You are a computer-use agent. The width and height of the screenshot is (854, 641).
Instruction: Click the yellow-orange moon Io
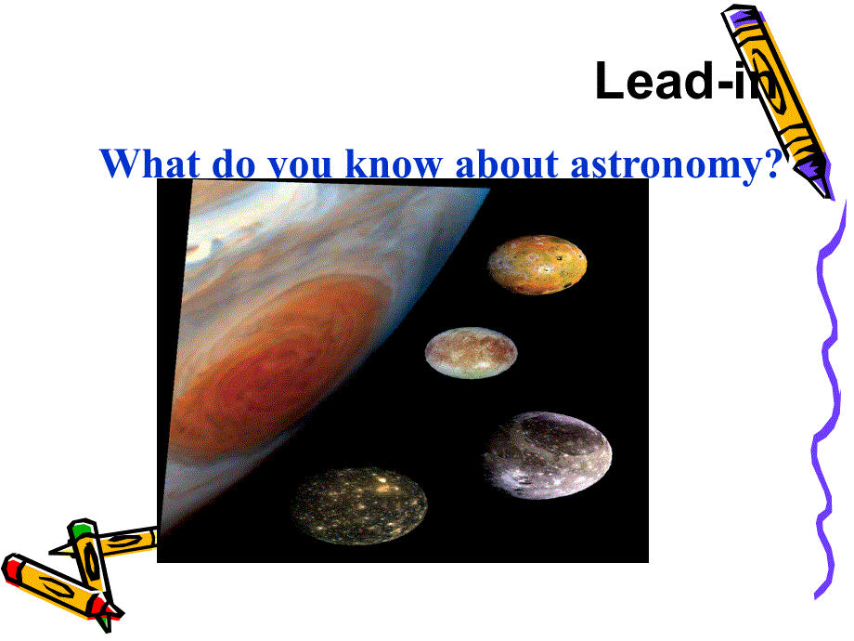coord(537,265)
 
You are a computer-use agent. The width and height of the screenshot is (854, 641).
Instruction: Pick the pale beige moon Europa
coord(472,353)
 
